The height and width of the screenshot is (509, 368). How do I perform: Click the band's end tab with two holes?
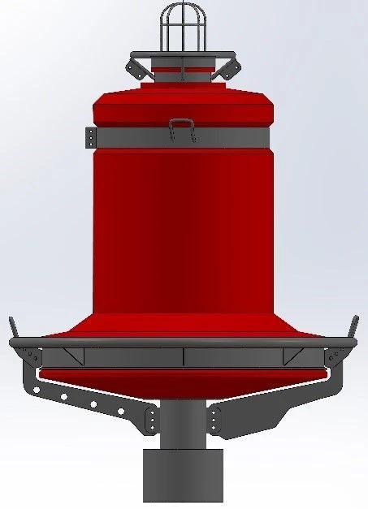90,137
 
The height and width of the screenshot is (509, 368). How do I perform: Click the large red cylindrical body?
183,227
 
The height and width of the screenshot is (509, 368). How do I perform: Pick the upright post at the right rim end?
353,327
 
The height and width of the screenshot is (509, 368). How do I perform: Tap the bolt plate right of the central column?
214,421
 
